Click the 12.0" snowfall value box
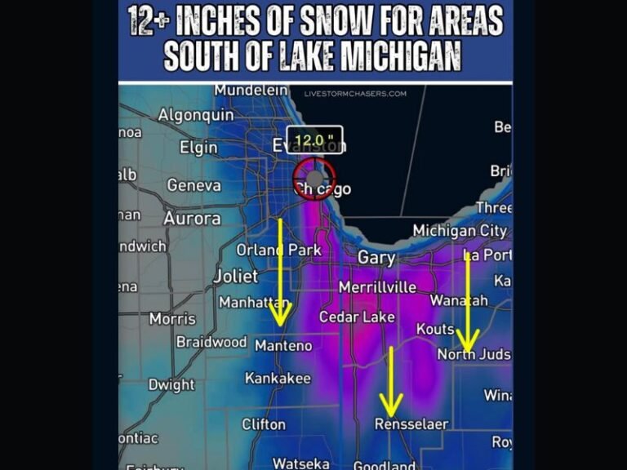[314, 140]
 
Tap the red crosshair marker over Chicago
[314, 177]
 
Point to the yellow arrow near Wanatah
[468, 302]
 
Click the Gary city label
[376, 258]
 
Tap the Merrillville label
[377, 287]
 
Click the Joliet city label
[235, 276]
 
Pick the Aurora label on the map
[192, 219]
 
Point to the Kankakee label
[278, 379]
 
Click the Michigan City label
[460, 231]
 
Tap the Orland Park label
[279, 250]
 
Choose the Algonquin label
[195, 115]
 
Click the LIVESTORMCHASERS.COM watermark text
[355, 94]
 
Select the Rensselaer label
[411, 424]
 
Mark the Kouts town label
[434, 329]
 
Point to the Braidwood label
[211, 342]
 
